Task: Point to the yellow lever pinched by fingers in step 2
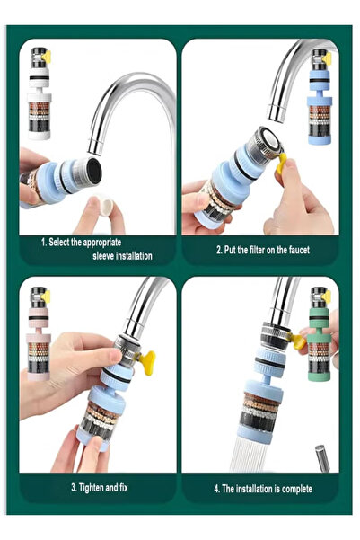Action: (x=284, y=164)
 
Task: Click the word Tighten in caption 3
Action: (x=95, y=488)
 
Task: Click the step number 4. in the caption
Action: (x=217, y=489)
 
